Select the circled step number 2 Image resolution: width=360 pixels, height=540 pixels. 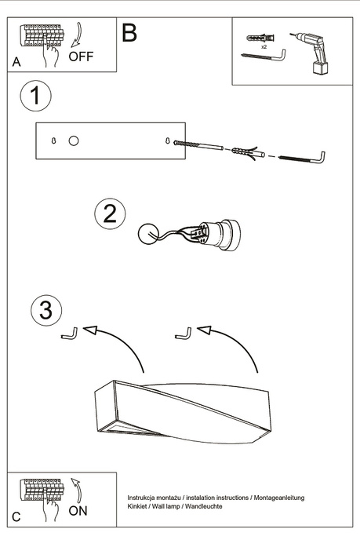point(111,213)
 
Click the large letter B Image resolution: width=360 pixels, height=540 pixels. point(129,34)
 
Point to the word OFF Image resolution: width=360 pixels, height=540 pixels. point(81,57)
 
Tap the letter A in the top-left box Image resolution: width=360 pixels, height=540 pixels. point(16,62)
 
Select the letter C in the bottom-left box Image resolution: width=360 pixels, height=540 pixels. point(16,518)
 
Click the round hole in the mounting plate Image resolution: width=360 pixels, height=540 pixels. point(74,141)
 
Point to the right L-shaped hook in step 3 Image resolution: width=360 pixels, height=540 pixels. point(183,334)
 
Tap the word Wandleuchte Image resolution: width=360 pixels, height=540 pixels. point(202,506)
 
